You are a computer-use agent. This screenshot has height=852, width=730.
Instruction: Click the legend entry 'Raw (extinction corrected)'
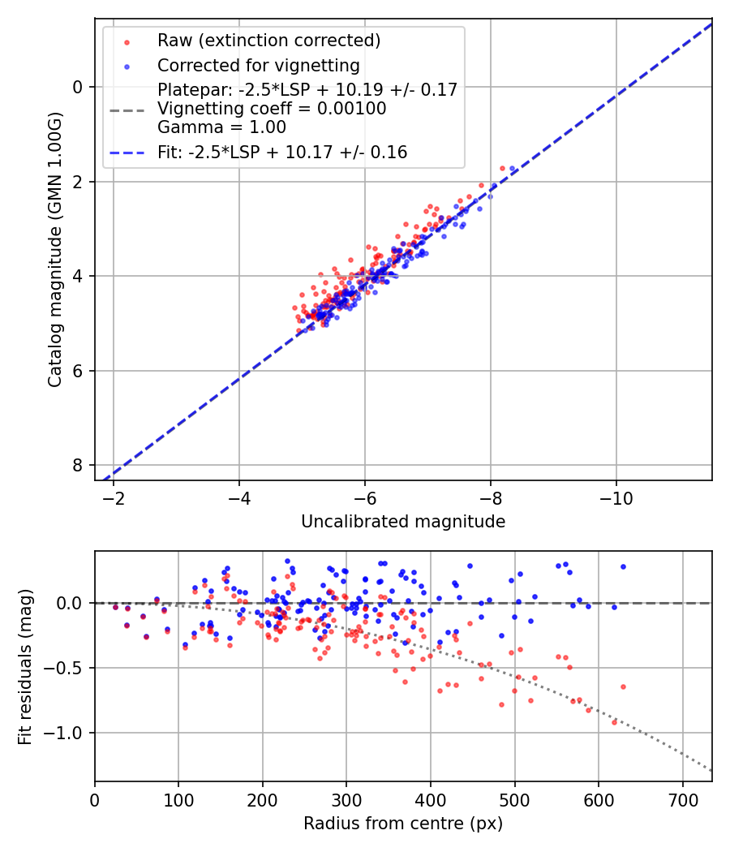268,41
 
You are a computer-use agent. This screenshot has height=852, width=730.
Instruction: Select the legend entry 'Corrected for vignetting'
259,65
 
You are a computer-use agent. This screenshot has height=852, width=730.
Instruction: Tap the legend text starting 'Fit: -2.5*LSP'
282,152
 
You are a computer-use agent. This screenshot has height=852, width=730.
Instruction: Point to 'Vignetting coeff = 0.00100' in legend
272,109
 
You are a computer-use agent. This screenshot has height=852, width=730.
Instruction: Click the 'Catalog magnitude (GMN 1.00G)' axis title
54,248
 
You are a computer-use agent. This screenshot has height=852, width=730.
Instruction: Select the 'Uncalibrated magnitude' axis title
403,522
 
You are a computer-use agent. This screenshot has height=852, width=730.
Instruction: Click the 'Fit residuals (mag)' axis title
25,666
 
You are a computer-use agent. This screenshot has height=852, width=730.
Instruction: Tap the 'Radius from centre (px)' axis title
403,824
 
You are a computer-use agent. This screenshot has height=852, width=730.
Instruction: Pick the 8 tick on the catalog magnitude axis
78,465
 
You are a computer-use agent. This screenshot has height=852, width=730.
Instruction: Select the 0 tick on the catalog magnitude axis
78,87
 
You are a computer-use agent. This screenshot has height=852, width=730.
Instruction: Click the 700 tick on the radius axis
682,798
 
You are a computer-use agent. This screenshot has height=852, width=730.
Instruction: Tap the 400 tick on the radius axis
431,798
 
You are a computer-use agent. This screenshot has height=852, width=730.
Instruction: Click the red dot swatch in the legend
127,41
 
